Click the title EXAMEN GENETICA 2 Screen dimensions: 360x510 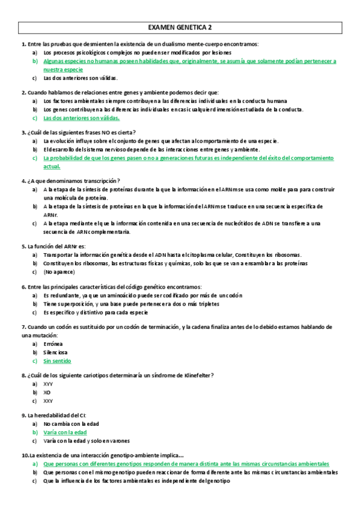point(180,27)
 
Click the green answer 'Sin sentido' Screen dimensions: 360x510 point(57,361)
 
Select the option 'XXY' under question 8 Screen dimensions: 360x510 point(48,401)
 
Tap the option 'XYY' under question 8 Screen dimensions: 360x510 point(48,384)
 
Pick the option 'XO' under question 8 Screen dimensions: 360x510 point(47,392)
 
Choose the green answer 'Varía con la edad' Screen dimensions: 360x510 point(65,432)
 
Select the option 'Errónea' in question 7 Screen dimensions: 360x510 point(54,344)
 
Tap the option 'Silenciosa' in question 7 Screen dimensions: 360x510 point(56,352)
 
